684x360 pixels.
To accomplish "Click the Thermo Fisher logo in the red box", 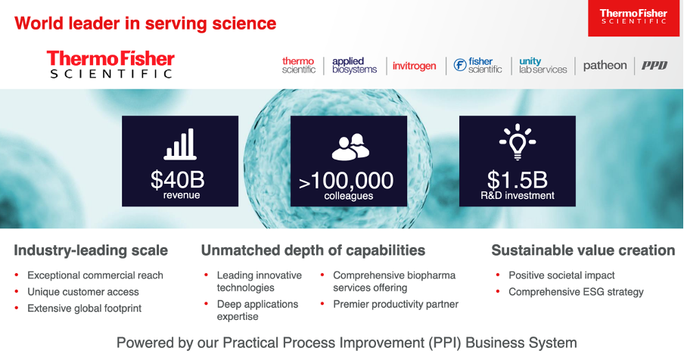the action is (x=633, y=17).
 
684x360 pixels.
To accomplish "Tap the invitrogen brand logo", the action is (x=414, y=66).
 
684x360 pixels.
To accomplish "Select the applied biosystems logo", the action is (x=354, y=65).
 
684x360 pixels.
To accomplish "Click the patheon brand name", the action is (x=605, y=65).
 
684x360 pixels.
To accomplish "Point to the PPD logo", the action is (x=654, y=65).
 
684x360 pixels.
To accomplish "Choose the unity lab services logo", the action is (x=543, y=65).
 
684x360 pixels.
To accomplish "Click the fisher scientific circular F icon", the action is (x=460, y=65).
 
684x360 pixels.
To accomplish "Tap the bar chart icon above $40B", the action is (x=180, y=144).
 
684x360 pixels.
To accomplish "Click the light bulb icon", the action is (x=518, y=142).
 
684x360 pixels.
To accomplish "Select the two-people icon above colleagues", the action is (x=350, y=147).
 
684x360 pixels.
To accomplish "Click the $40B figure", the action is (x=178, y=179).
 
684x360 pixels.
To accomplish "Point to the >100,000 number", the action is (x=346, y=181).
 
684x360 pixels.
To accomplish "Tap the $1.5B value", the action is (x=517, y=179).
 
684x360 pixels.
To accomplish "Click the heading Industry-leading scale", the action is (x=91, y=250).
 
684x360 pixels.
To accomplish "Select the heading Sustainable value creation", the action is (x=583, y=250).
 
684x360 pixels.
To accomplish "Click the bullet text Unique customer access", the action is (x=83, y=292).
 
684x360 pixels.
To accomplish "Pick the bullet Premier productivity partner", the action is (x=396, y=304).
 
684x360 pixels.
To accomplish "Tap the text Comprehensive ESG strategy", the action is (x=576, y=292).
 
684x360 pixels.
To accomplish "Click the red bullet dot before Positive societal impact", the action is (x=498, y=275).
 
